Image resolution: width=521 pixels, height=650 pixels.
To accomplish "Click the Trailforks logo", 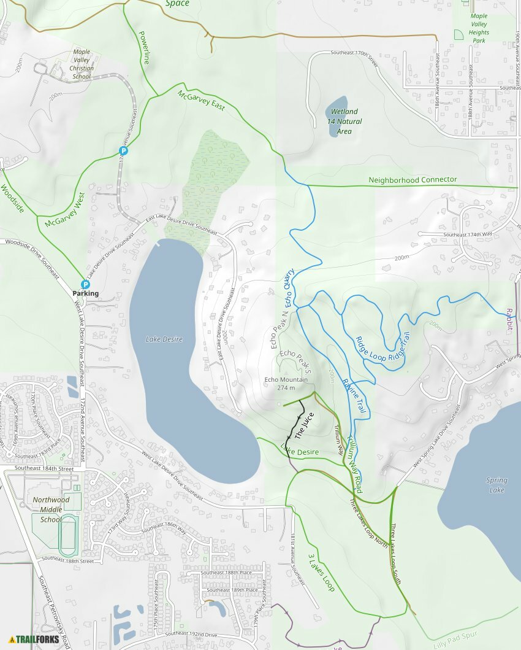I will click(34, 639).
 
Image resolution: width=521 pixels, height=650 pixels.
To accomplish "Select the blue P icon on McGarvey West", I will click(123, 150).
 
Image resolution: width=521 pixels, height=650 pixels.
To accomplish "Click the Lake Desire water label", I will click(164, 339).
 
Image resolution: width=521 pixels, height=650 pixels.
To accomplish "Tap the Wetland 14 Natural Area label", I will click(344, 122).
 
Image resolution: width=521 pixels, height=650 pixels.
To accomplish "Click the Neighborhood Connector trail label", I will click(413, 180).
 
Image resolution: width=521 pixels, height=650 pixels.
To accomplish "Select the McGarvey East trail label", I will click(201, 101).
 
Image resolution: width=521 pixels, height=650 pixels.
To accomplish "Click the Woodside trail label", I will click(12, 198).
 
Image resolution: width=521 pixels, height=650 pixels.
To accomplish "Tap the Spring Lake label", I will click(496, 486).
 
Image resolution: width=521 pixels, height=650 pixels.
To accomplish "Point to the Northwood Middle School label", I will click(51, 509).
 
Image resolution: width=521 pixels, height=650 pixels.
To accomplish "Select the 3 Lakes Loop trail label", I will click(321, 573).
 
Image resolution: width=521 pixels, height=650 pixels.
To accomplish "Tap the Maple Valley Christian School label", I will click(82, 64).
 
